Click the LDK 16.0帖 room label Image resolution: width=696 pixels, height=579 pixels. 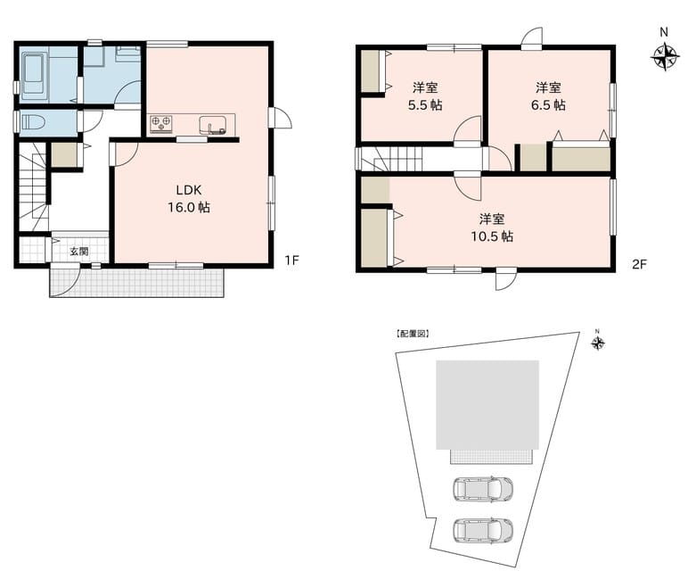coord(189,199)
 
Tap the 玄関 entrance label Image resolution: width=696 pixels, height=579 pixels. coord(79,252)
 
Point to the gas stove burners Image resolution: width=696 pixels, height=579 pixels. coord(160,124)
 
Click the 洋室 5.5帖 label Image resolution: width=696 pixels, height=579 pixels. coord(425,96)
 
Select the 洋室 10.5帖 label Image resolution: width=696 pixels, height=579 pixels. coord(492,227)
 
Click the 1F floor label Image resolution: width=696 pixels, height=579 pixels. coord(291,261)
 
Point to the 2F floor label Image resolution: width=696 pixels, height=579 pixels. coord(639,264)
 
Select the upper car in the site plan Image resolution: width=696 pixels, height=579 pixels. coord(482,489)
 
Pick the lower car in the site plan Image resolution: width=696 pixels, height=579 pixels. coord(482,530)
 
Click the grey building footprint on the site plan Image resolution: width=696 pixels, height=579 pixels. coord(487,405)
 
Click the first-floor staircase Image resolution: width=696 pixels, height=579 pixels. coord(34,186)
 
